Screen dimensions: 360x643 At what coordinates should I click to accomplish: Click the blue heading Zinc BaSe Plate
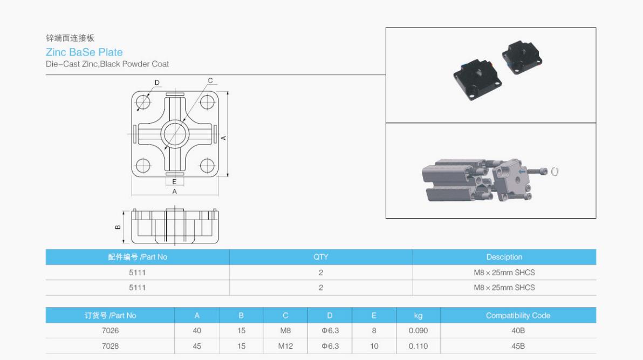[84, 52]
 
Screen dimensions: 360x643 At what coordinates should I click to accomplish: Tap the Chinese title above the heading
[70, 38]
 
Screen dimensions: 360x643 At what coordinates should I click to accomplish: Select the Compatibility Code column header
[518, 316]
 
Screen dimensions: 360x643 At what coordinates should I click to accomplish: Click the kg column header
[418, 316]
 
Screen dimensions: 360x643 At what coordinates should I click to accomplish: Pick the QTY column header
[320, 257]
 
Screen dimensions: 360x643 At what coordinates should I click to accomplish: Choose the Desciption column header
[504, 257]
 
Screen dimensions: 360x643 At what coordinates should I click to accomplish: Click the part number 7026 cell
[110, 330]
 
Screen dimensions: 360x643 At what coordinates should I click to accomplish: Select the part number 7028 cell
[110, 345]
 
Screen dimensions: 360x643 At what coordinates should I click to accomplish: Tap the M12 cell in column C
[285, 345]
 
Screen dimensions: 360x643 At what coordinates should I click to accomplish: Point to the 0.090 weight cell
[418, 330]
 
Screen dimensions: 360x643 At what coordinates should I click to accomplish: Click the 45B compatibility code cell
[518, 345]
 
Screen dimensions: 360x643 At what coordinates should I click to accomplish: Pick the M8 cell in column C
[285, 330]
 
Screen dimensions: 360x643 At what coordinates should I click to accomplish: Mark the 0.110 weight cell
[418, 345]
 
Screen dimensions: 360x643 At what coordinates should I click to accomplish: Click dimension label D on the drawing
[157, 83]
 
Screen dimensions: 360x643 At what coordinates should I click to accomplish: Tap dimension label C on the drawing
[210, 81]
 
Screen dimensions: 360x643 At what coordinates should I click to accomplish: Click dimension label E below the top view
[174, 182]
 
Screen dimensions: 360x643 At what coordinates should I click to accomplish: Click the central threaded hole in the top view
[174, 133]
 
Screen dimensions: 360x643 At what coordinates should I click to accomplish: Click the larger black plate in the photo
[477, 79]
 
